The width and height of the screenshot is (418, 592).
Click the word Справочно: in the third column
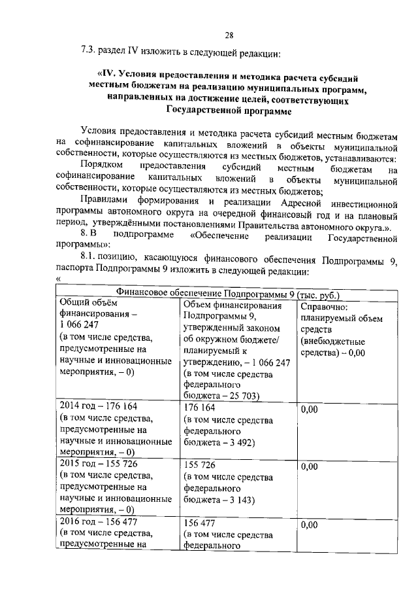click(x=325, y=307)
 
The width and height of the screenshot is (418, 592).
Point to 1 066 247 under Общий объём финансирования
click(x=79, y=326)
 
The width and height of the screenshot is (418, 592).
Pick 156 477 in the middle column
click(x=199, y=525)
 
